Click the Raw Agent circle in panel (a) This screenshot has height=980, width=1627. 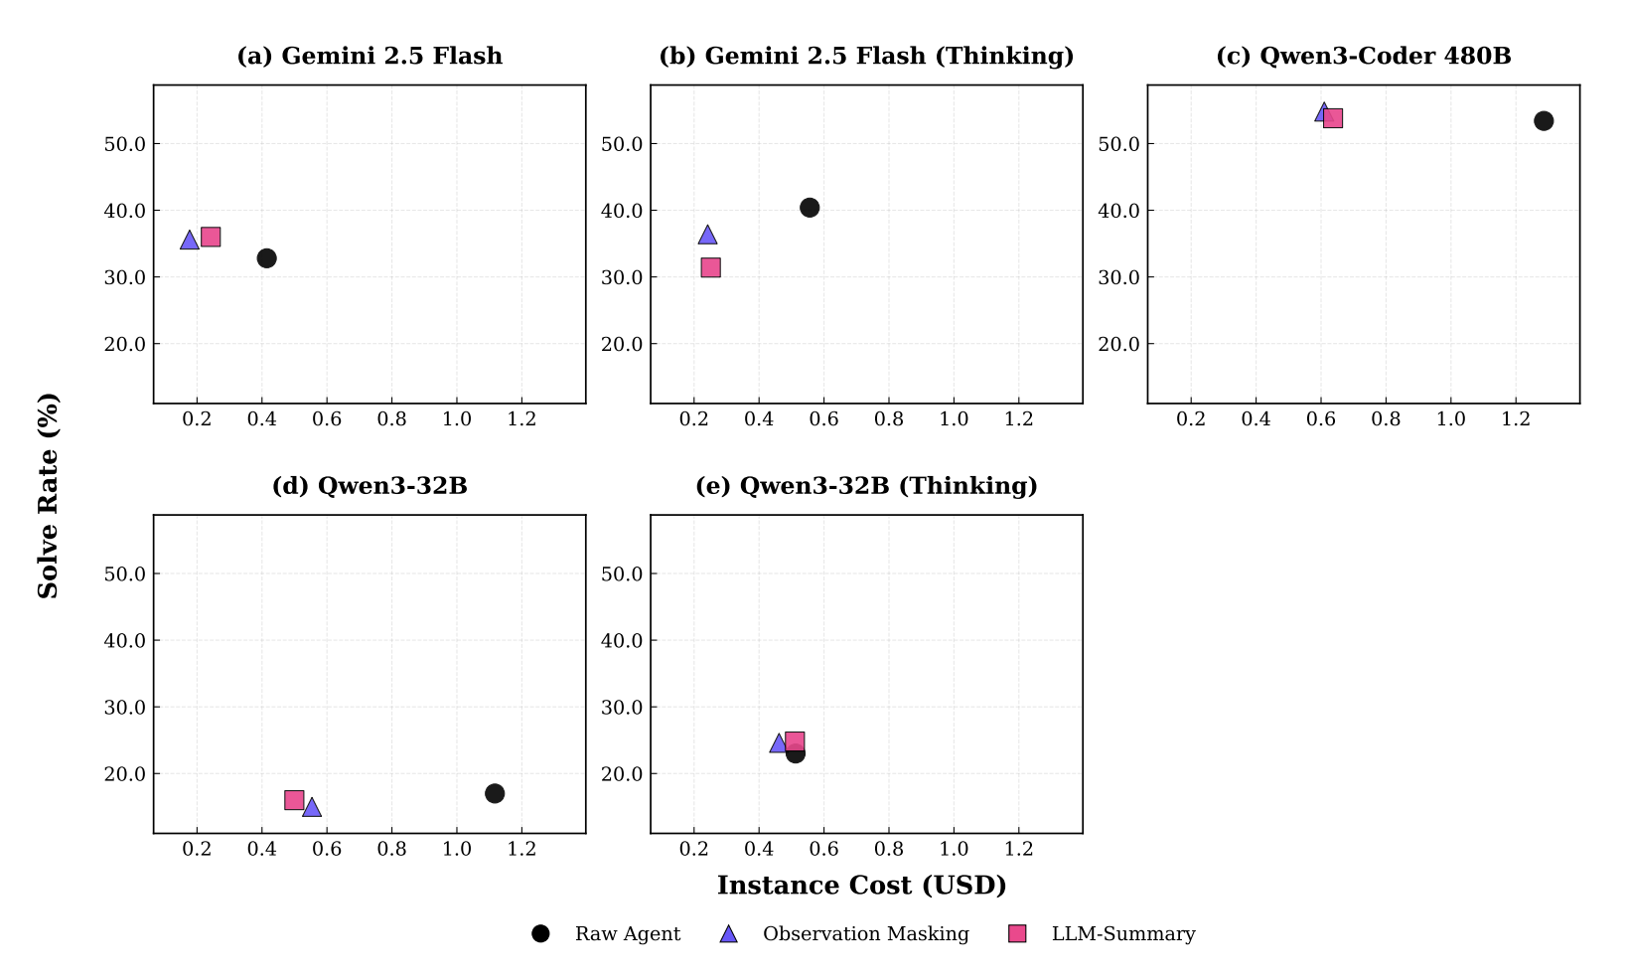266,258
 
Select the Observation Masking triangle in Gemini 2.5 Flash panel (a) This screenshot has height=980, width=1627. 190,240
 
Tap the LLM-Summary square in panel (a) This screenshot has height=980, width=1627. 211,237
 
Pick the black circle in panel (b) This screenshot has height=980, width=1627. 810,208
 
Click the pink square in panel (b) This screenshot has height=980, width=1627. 711,267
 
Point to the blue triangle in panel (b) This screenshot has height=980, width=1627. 707,235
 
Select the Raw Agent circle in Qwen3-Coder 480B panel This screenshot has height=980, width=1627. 1544,121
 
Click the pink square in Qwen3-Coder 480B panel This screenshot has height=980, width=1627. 1333,118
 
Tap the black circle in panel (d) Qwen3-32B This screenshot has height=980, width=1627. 495,793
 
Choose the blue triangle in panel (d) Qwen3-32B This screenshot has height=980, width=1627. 312,807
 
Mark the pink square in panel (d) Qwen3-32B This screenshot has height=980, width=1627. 294,800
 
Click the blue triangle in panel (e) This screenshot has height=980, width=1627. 779,743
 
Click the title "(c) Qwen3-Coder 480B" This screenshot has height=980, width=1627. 1363,56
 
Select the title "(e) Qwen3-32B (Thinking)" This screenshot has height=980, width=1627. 866,486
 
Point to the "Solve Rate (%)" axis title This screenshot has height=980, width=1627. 48,495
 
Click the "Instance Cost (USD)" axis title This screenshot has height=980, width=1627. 861,885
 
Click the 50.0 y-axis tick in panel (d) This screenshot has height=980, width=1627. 124,574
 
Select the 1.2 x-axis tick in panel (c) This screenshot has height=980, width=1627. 1516,418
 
